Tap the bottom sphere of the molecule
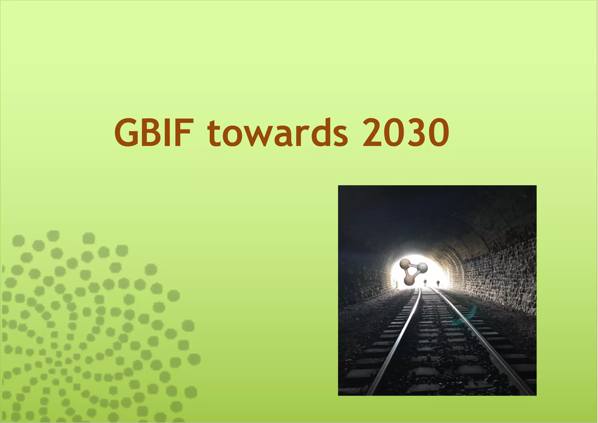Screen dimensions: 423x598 (x=409, y=281)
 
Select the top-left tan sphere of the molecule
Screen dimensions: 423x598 (x=405, y=264)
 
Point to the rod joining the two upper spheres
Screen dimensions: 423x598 (x=413, y=266)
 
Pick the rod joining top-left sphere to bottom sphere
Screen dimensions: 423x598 (x=407, y=273)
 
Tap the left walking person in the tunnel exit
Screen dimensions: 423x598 (x=425, y=282)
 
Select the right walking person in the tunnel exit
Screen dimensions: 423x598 (x=438, y=283)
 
